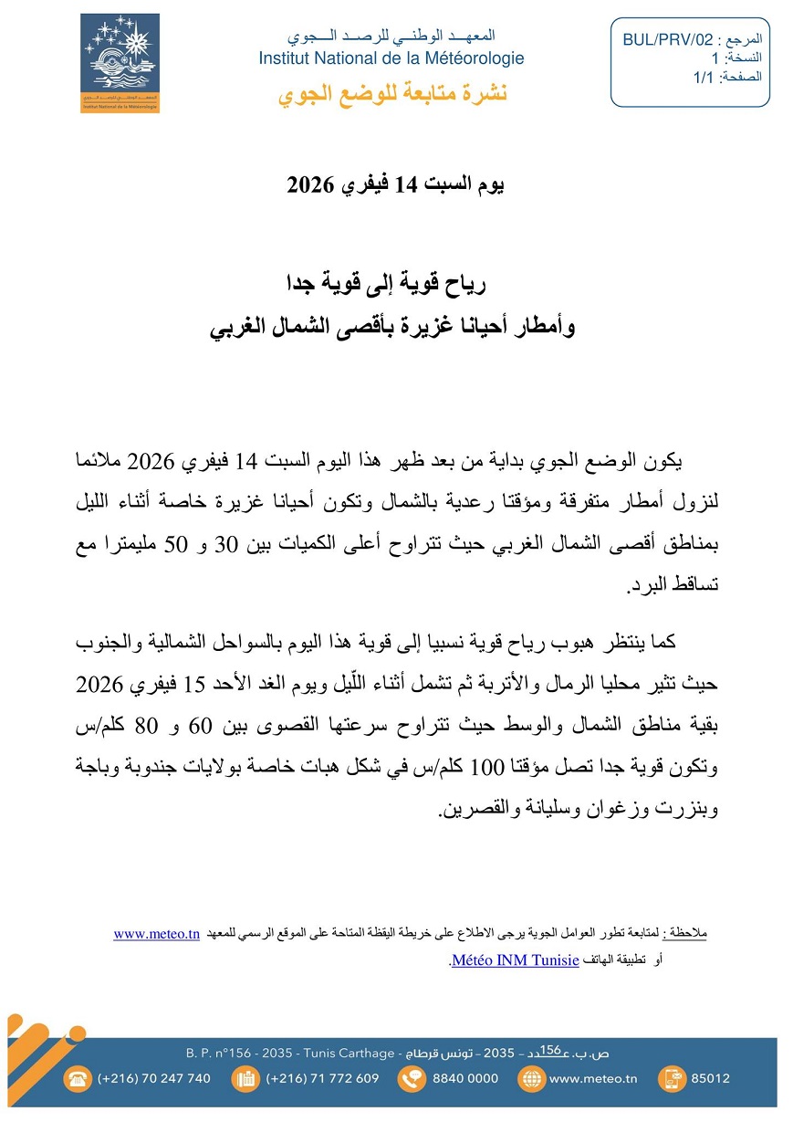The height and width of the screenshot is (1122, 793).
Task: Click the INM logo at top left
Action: click(120, 63)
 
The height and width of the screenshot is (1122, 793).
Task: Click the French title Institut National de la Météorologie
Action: click(391, 58)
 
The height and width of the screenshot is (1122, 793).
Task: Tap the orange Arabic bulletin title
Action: click(392, 94)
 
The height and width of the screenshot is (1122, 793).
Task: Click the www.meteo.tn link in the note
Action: click(157, 933)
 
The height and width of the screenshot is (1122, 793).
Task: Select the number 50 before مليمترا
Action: click(172, 545)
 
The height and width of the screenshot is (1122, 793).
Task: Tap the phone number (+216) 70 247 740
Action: click(153, 1078)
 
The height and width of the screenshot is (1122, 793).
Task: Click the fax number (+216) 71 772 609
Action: click(322, 1078)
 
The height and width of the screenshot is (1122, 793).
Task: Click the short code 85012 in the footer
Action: click(711, 1078)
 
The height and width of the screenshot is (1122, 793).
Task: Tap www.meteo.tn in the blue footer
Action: click(592, 1078)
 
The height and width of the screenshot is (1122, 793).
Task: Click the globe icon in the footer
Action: click(529, 1078)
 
